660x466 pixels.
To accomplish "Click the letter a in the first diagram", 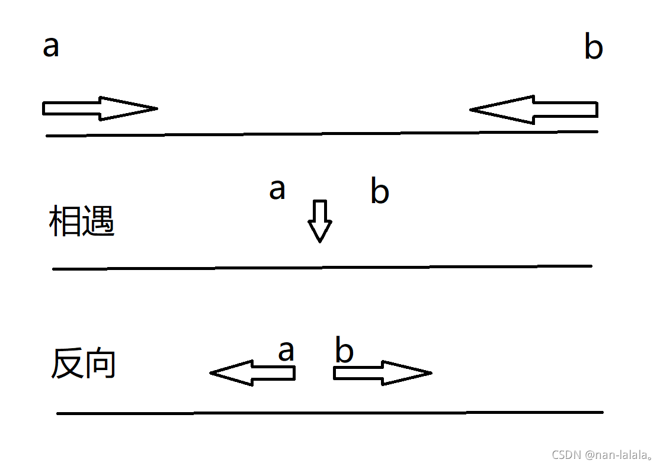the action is pos(51,47).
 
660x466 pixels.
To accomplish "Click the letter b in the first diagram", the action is pos(593,48).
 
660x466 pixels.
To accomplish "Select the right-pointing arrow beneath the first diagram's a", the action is pos(100,108).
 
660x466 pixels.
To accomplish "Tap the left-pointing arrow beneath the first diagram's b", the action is pos(533,110).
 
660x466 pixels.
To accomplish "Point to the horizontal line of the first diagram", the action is pos(322,134).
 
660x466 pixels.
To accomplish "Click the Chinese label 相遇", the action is pos(81,222).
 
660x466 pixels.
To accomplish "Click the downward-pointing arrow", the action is pos(320,221).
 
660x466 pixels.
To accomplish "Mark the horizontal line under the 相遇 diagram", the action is pos(322,268).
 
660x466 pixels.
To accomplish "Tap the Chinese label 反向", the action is pos(83,364).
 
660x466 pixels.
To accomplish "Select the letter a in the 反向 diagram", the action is pos(286,351).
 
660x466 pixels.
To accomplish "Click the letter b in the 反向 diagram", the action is pos(344,351).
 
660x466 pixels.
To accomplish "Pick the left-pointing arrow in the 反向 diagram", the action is pos(252,373).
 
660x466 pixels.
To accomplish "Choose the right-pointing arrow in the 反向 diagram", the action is pos(382,373).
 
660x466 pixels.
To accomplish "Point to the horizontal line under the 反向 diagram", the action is pos(329,413).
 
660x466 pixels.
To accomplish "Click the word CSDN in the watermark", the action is pos(566,455).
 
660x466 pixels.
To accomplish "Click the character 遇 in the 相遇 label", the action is pos(98,222).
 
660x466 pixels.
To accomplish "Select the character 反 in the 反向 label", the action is pos(66,364).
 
